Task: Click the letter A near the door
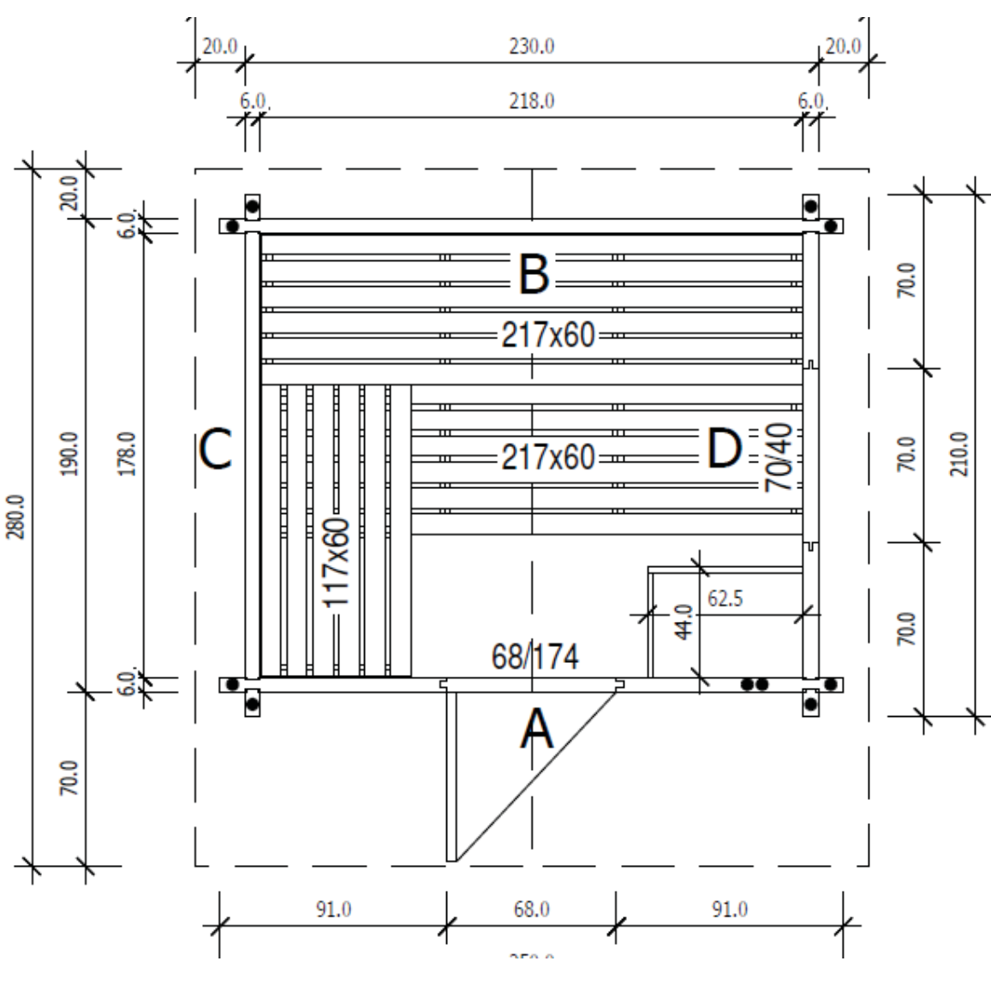[537, 731]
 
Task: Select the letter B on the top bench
[533, 275]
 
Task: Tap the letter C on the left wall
[215, 449]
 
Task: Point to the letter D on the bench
[725, 449]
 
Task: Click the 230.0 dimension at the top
[531, 46]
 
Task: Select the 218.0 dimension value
[531, 101]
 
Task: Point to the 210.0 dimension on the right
[960, 454]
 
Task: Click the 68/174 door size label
[534, 657]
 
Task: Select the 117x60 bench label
[337, 562]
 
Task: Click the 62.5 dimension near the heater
[725, 599]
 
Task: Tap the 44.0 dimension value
[684, 623]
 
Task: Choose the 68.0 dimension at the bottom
[531, 909]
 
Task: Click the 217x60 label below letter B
[548, 335]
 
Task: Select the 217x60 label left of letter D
[548, 457]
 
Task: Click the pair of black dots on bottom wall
[754, 684]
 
